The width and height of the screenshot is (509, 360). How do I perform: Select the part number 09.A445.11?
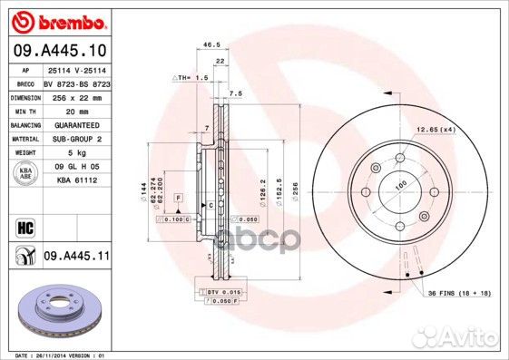[75, 257]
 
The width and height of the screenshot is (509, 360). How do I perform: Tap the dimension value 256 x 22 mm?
[75, 95]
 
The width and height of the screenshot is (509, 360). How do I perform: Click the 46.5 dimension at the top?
[212, 44]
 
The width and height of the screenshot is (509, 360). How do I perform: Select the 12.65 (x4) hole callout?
[436, 130]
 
